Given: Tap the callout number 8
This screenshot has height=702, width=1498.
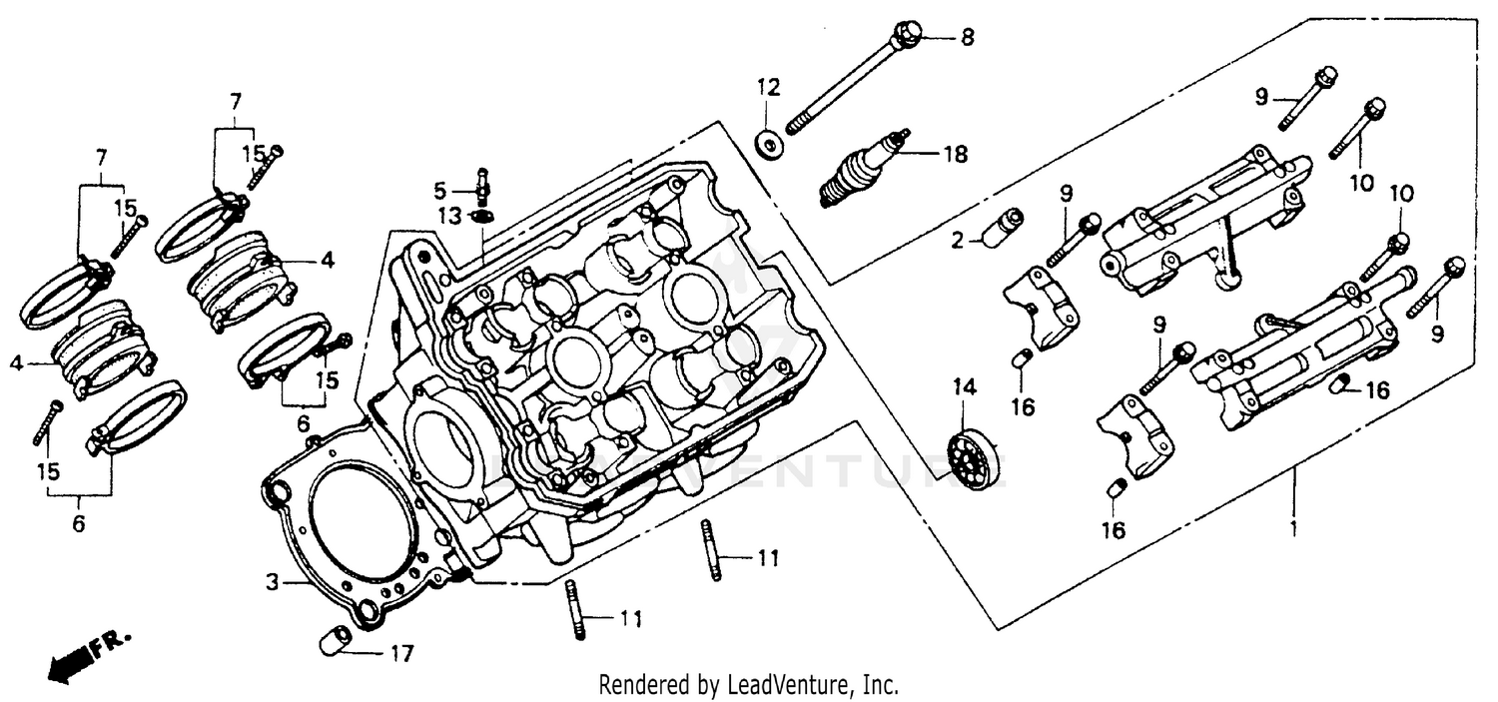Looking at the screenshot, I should (x=966, y=38).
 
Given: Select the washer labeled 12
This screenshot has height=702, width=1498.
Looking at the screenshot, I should (x=770, y=145).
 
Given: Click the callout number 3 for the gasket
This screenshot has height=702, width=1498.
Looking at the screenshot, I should (x=271, y=580).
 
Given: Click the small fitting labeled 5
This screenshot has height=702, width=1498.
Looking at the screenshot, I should (x=483, y=186).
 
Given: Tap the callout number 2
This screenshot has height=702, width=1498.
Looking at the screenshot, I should (x=956, y=240).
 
